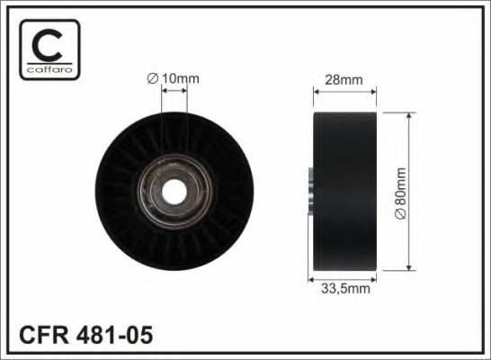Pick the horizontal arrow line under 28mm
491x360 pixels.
(x=344, y=89)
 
